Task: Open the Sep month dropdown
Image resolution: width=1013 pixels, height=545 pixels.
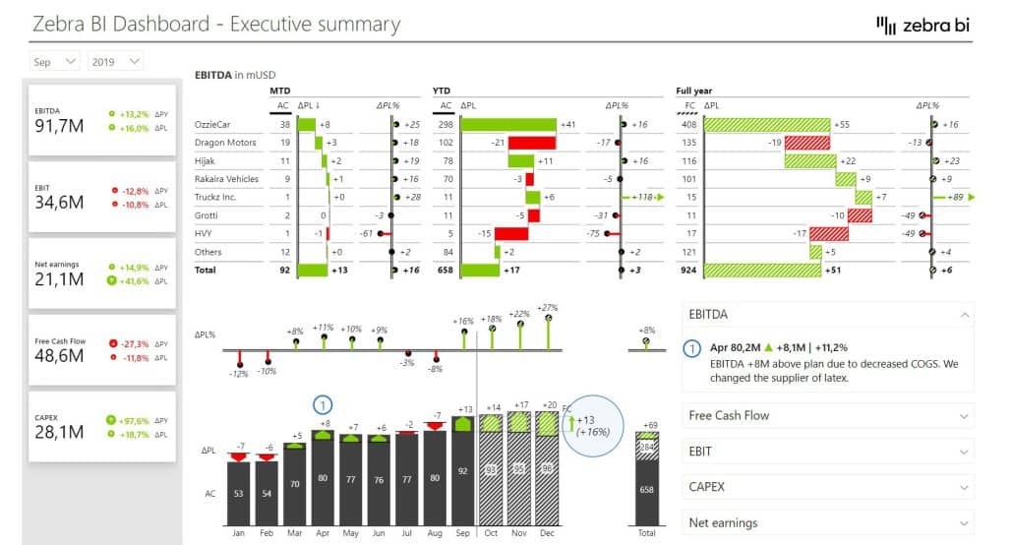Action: pos(55,62)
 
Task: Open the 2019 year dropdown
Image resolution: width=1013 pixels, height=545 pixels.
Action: pos(115,62)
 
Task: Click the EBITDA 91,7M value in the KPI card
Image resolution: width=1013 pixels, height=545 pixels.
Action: pos(59,126)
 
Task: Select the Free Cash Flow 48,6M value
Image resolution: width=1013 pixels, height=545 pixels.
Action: pos(59,356)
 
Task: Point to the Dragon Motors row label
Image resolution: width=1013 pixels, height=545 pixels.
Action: pos(226,143)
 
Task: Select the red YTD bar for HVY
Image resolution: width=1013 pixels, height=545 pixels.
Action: pos(511,233)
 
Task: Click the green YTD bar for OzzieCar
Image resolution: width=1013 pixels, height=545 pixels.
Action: pos(507,125)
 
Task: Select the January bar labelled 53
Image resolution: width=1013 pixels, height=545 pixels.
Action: pos(237,492)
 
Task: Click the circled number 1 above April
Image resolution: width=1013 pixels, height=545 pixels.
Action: pos(323,404)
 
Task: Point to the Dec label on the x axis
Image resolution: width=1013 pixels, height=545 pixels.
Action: pos(548,532)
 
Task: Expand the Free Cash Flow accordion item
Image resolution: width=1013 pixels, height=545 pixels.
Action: pos(826,416)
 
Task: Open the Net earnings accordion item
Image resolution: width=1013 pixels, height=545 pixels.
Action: pos(826,522)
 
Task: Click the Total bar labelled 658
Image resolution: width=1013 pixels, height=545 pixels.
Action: pos(646,490)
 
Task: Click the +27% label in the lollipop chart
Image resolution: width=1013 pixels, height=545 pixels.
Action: pos(548,308)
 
